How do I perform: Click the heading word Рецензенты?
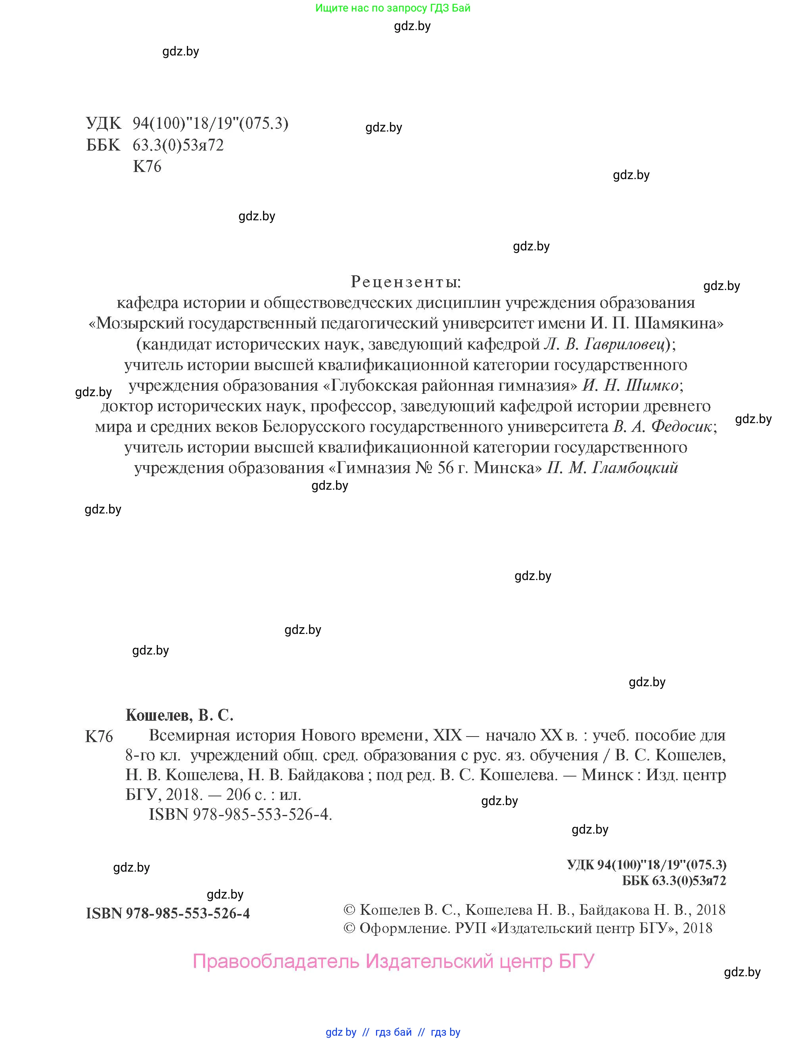pos(405,282)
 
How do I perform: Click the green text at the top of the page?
pos(393,8)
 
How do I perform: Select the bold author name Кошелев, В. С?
pos(179,715)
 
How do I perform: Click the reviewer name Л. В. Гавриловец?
pos(607,344)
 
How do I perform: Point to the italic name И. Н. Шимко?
pos(630,386)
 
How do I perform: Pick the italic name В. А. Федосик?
pos(662,427)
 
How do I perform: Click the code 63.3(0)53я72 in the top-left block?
pos(178,145)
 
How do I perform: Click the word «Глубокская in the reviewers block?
pos(369,386)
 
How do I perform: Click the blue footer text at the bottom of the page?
pos(393,1032)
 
